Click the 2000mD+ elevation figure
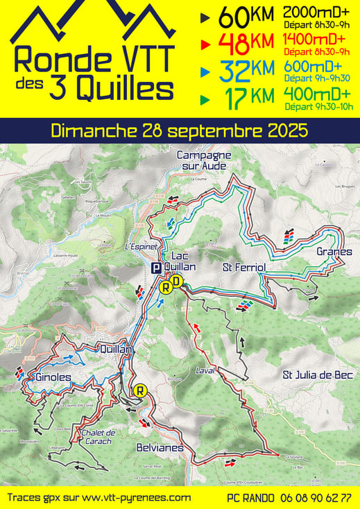(316, 12)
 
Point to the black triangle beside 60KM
(203, 15)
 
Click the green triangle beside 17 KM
(203, 98)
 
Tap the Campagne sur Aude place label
(203, 159)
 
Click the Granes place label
(334, 252)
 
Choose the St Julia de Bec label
(318, 375)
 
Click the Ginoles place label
(51, 377)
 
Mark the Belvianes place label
(160, 447)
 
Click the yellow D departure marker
(178, 281)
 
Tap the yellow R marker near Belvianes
(141, 390)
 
